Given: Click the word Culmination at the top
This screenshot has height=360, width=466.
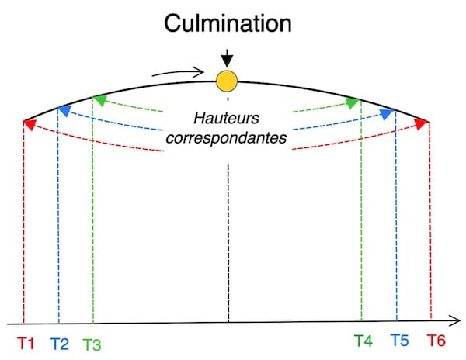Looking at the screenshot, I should click(228, 23).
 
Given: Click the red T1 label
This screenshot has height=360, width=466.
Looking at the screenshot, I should click(26, 341).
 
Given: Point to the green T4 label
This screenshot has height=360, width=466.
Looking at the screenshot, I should click(363, 341).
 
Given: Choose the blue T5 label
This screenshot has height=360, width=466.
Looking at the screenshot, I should click(399, 341).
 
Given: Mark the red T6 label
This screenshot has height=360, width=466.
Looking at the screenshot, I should click(436, 341).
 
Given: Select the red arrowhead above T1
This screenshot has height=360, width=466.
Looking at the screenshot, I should click(28, 123).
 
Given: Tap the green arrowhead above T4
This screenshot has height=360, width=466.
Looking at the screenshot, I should click(354, 102).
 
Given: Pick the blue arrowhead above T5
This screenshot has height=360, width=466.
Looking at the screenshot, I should click(390, 113).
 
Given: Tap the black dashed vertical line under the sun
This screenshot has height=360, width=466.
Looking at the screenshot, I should click(228, 233).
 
